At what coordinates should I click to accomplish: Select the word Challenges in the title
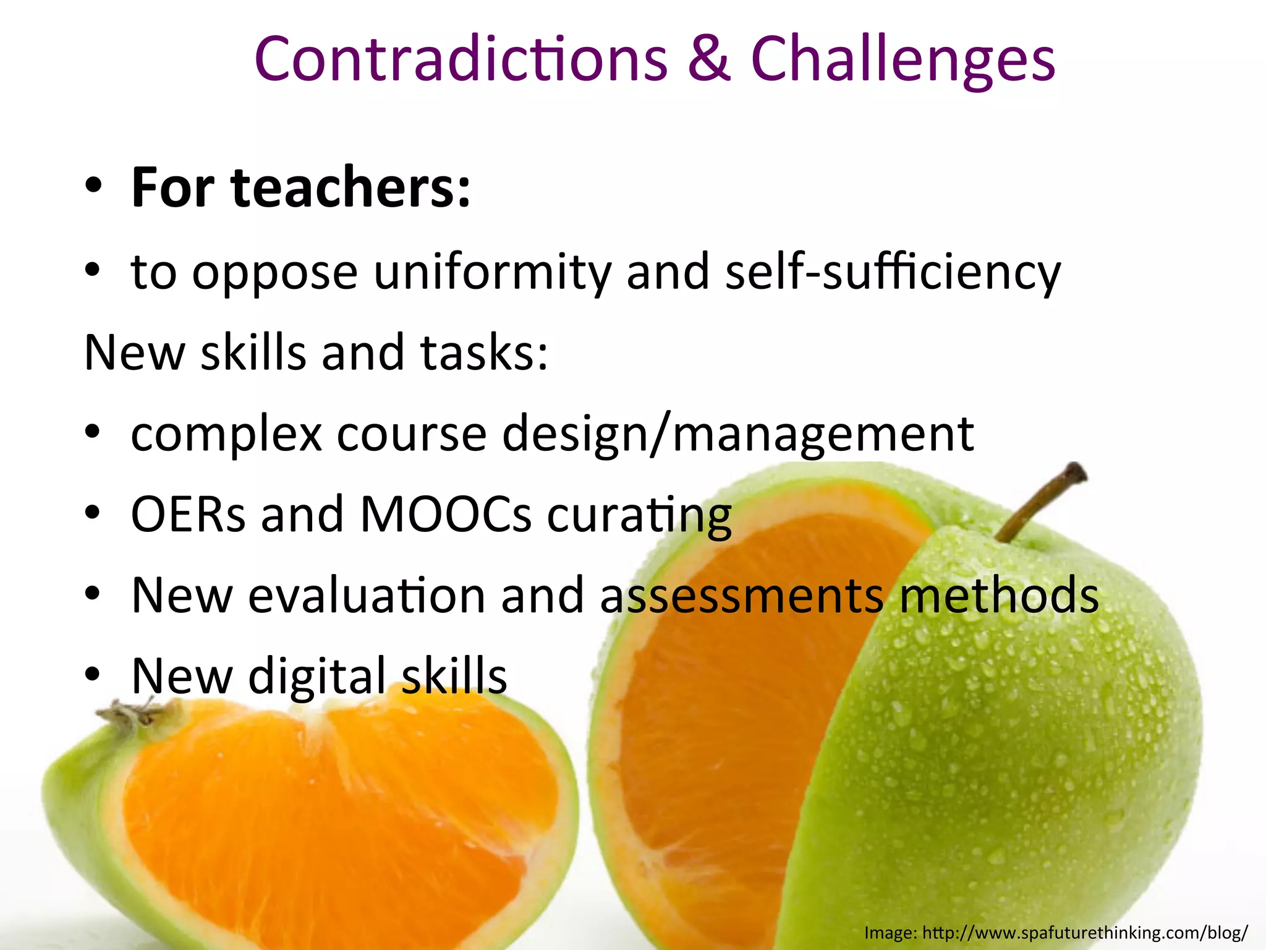coord(903,61)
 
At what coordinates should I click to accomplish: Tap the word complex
coord(226,434)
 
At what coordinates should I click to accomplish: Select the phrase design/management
coord(738,435)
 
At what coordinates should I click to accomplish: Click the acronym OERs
coord(188,514)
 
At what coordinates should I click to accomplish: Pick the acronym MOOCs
coord(445,514)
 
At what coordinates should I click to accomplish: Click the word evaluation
coord(367,595)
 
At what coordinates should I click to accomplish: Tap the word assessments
coord(742,595)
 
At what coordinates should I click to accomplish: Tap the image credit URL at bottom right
coord(1085,932)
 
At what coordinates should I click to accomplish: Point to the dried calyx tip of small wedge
coord(127,715)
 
